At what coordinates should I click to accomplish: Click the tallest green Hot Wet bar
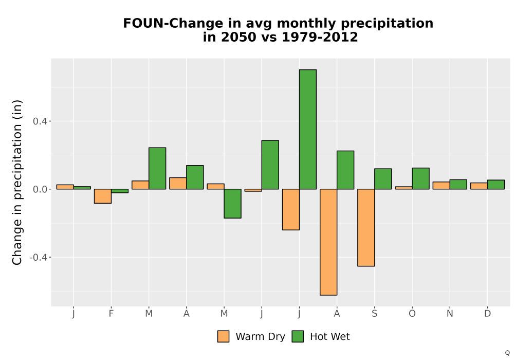pos(308,129)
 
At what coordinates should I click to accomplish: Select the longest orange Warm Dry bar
pos(328,242)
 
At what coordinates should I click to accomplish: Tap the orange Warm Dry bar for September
pos(366,227)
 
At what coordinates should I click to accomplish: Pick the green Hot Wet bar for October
pos(420,178)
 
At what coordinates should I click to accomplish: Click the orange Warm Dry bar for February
pos(103,196)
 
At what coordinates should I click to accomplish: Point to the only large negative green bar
pos(233,204)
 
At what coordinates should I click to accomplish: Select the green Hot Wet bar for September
pos(383,178)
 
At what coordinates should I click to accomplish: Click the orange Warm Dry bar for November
pos(441,185)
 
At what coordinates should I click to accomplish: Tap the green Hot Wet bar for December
pos(496,185)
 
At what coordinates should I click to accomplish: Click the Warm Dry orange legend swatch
pos(223,336)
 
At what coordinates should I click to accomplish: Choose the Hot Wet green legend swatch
pos(298,336)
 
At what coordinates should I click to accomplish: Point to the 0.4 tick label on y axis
pos(40,121)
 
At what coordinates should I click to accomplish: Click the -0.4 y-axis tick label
pos(39,257)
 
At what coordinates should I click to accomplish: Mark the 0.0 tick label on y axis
pos(40,189)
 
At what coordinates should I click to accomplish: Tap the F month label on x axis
pos(111,314)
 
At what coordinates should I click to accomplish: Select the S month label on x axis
pos(374,314)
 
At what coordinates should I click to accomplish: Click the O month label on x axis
pos(412,314)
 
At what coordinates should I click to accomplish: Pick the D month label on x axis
pos(487,314)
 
